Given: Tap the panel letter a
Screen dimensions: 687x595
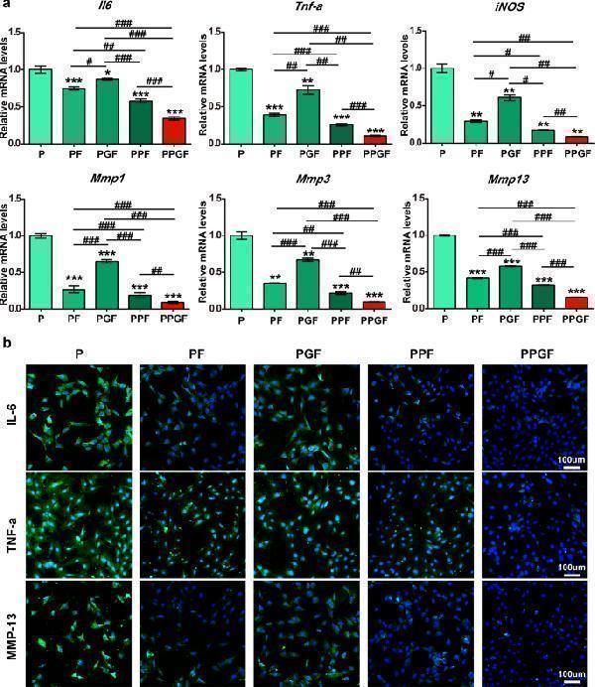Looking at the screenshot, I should [x=7, y=6].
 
